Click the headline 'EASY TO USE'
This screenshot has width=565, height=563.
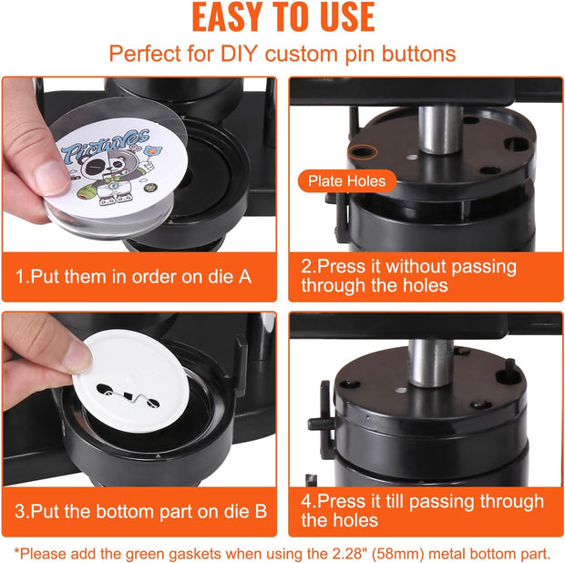(x=282, y=18)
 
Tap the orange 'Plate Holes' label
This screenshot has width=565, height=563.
(x=345, y=180)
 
